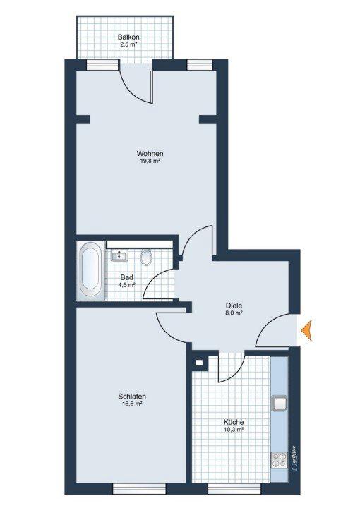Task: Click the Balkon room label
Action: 128,37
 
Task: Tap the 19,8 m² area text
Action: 150,161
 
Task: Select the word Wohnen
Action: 150,153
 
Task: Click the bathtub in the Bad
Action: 90,271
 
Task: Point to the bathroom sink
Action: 119,255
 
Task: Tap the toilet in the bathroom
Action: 146,258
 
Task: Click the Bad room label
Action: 126,278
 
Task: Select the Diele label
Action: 234,306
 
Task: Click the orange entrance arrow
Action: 306,330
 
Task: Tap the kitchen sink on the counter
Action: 280,403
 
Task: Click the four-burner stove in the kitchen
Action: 280,460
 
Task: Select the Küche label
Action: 234,423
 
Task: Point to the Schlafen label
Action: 132,397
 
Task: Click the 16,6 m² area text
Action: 132,404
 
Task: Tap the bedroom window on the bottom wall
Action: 139,488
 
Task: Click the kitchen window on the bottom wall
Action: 234,488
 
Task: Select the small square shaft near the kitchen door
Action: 199,363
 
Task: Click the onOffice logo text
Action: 294,458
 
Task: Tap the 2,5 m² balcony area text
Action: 128,44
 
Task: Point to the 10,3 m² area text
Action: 234,430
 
